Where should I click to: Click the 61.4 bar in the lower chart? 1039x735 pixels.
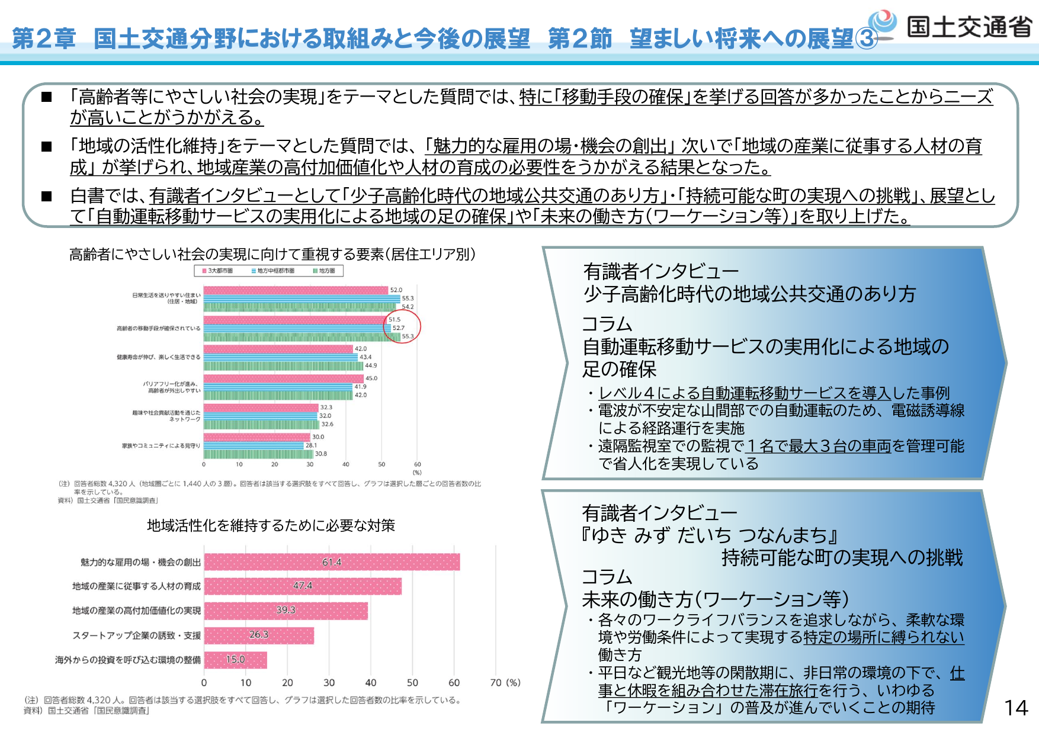pos(332,562)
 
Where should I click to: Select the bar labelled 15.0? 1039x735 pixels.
pos(235,660)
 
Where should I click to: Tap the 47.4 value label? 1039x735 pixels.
pos(303,586)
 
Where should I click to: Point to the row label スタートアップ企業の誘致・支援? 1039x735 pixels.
pos(137,635)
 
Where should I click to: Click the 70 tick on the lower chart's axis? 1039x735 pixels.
pos(496,683)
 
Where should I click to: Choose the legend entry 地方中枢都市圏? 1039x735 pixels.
pos(273,271)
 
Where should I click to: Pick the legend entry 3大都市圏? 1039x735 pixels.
pos(217,271)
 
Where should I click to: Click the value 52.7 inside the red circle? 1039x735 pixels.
pos(399,328)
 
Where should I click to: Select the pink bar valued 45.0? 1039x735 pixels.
pos(283,378)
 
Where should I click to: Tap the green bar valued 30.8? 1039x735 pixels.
pos(258,454)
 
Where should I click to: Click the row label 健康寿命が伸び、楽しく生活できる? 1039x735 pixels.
pos(158,357)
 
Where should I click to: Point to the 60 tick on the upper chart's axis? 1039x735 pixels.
pos(417,465)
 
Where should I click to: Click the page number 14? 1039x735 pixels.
pos(1016,708)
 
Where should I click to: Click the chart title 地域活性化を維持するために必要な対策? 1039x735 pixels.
pos(271,526)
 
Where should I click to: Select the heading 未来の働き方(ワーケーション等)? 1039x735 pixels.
pos(716,599)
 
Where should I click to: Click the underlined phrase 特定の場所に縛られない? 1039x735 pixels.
pos(884,637)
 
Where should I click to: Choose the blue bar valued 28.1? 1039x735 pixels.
pos(254,445)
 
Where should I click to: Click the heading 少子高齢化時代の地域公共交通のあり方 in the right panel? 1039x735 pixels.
pos(749,294)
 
